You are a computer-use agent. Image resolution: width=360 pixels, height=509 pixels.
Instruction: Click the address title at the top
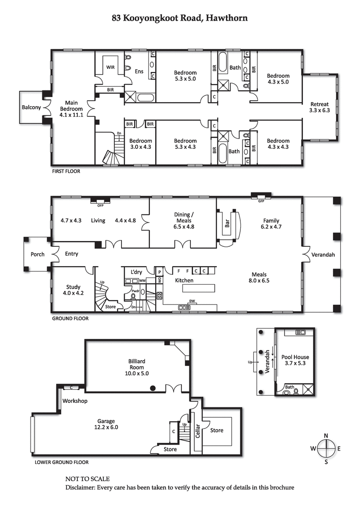[x=180, y=18]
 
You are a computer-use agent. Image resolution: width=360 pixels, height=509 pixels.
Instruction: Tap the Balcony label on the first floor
[x=31, y=107]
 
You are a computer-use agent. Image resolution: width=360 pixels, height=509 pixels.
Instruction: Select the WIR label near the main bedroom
[x=110, y=67]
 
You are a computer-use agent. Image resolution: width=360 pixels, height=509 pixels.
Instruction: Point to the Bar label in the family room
[x=227, y=223]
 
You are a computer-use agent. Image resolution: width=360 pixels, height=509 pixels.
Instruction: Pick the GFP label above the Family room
[x=261, y=201]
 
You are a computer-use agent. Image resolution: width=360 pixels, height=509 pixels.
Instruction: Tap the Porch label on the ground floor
[x=37, y=254]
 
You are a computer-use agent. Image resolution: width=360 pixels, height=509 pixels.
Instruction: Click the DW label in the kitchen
[x=192, y=301]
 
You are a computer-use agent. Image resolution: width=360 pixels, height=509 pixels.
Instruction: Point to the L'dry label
[x=136, y=272]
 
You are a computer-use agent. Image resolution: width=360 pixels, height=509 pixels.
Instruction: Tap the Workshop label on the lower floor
[x=75, y=401]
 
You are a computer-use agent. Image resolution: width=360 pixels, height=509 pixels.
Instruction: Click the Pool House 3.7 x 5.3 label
[x=295, y=360]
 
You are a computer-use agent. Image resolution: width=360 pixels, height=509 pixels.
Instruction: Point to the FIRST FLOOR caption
[x=67, y=171]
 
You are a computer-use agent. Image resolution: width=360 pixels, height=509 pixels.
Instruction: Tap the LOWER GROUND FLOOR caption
[x=62, y=462]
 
